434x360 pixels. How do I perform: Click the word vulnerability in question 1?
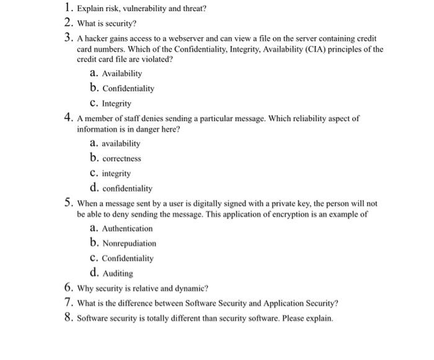point(139,9)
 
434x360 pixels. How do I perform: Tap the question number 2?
point(68,24)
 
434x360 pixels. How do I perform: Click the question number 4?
point(68,117)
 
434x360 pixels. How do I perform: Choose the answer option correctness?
point(122,158)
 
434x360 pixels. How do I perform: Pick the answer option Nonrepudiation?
point(129,243)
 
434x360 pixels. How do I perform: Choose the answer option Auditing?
point(117,273)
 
